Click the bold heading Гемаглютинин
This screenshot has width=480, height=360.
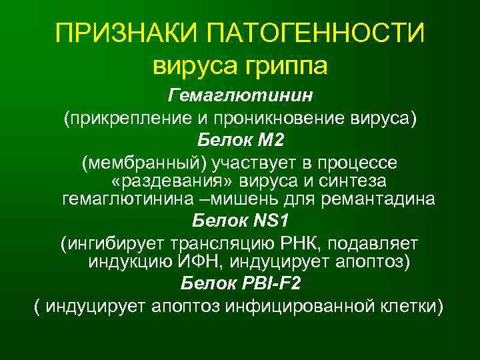[x=240, y=96]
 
